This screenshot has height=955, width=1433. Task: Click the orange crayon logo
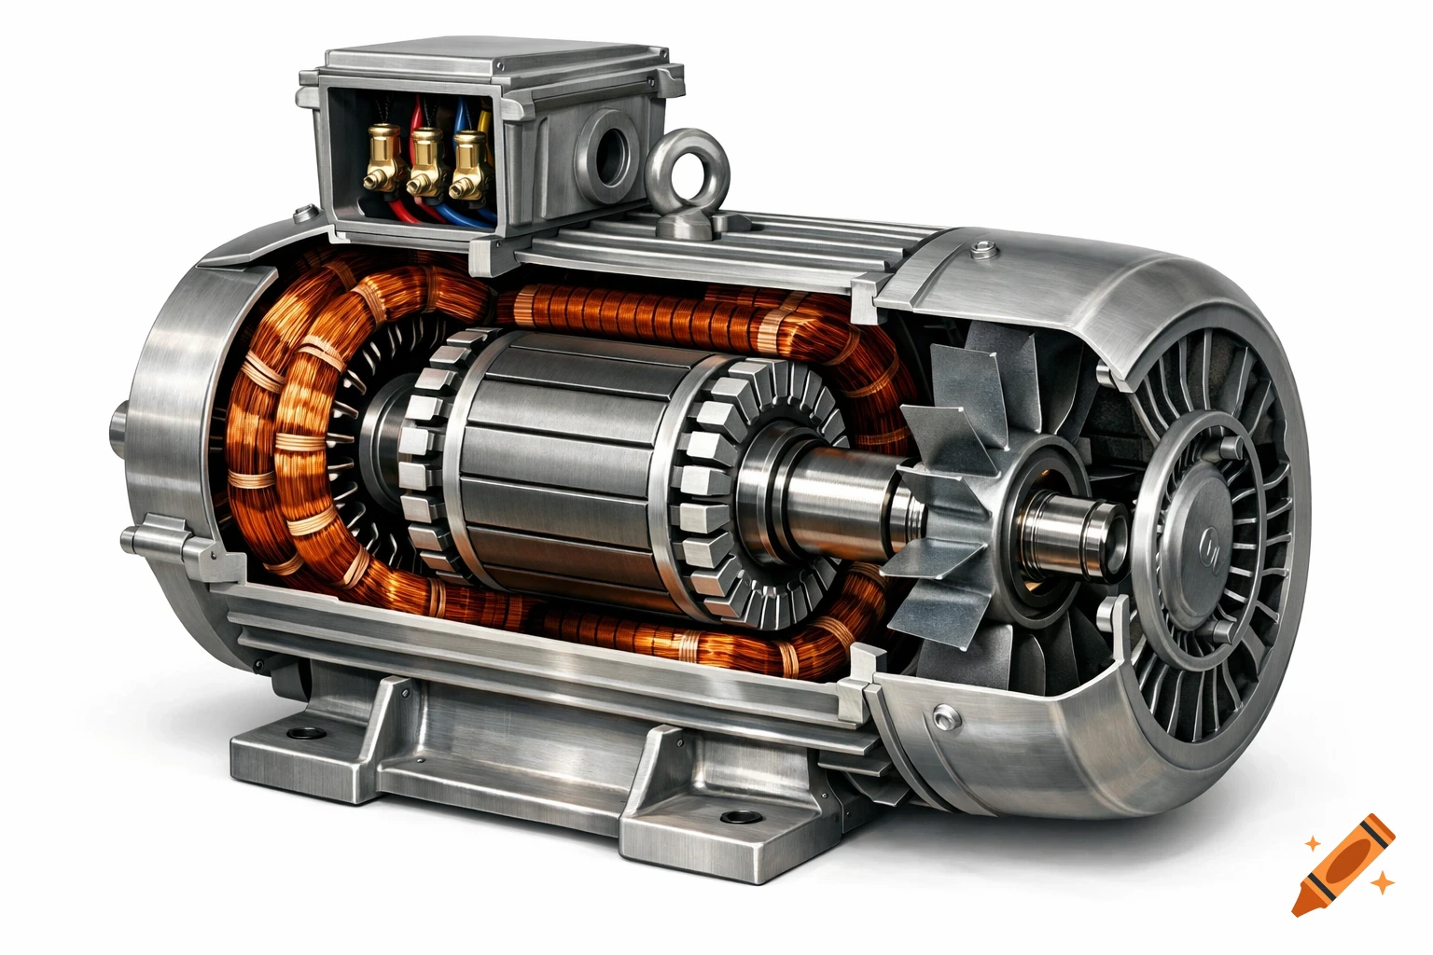pos(1344,864)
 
